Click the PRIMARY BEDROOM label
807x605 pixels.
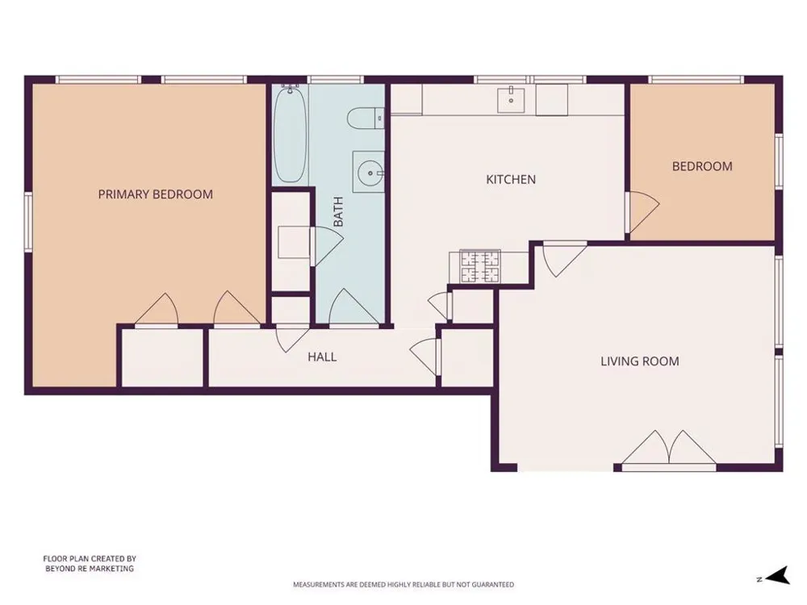click(156, 194)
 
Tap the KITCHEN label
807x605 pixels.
click(511, 180)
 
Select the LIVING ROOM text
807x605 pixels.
click(640, 361)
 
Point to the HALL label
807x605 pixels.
click(322, 357)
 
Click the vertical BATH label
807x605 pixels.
click(338, 212)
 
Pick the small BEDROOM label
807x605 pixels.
click(702, 166)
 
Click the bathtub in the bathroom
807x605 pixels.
click(291, 134)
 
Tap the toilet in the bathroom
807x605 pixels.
click(366, 119)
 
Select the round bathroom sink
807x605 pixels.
click(370, 173)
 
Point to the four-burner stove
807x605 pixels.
click(480, 266)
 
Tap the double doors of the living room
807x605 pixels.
click(668, 449)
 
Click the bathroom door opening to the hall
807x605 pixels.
click(354, 307)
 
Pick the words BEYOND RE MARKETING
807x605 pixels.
click(90, 569)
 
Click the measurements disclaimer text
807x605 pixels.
click(403, 584)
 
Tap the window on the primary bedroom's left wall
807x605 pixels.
click(28, 222)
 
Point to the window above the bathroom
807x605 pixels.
click(336, 80)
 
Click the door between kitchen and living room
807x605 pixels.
click(565, 259)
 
